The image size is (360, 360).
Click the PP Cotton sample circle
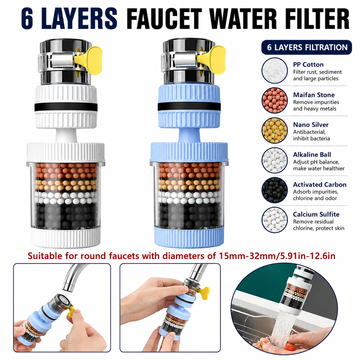pos(274,70)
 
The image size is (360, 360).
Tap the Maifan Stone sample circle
pos(274,100)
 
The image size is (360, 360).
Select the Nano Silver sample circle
pos(274,130)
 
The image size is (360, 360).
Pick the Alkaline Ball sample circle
pos(274,160)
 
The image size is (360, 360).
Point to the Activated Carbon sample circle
pos(274,190)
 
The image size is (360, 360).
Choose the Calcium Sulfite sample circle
pos(274,220)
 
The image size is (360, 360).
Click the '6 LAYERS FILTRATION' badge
pos(307,47)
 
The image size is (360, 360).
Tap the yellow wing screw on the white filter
pos(90,60)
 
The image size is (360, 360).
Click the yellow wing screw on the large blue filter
pos(213,60)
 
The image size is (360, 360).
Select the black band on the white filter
pos(66,107)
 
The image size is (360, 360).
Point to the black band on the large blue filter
pos(189,107)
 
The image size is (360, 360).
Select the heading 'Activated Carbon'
pos(320,185)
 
